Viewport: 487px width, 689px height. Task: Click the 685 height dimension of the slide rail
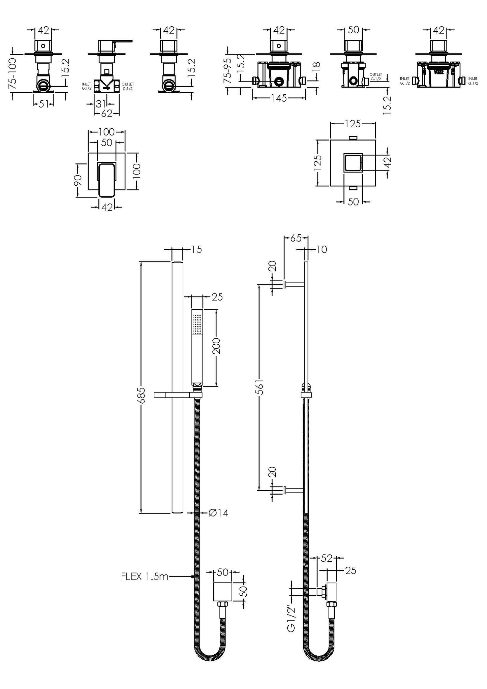tap(142, 395)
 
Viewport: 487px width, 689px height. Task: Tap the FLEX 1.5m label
tap(145, 576)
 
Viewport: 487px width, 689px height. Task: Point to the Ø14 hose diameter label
tap(218, 513)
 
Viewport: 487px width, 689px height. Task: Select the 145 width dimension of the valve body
tap(279, 98)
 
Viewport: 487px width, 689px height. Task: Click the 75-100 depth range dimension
tap(12, 73)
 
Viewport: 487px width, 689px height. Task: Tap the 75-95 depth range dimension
tap(228, 71)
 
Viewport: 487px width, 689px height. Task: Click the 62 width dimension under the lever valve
tap(106, 114)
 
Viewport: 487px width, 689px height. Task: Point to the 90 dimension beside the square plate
tap(78, 181)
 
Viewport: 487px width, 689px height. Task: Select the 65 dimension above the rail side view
tap(296, 238)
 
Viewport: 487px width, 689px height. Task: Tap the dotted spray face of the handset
tap(197, 324)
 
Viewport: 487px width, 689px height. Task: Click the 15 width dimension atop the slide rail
tap(196, 250)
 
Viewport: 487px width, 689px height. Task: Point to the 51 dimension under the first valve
tap(43, 104)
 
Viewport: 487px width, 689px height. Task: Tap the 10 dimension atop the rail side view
tap(322, 250)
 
